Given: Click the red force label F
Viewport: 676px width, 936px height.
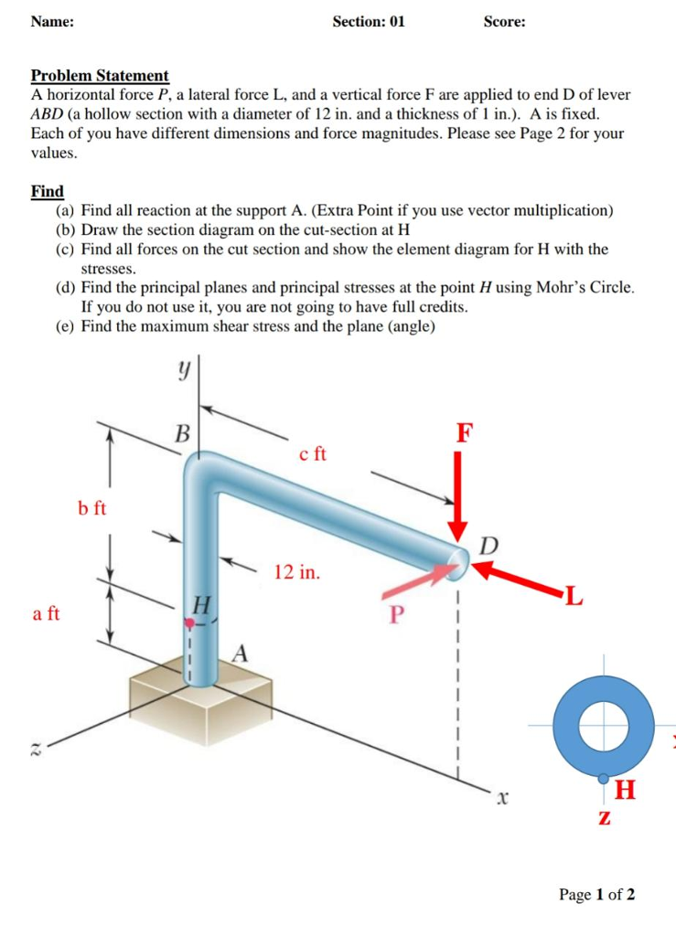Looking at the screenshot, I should [465, 432].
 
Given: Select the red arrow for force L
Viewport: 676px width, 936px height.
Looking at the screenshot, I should [522, 580].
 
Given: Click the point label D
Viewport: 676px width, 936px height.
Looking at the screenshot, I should [490, 546].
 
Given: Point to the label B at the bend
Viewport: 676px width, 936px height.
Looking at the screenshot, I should [182, 433].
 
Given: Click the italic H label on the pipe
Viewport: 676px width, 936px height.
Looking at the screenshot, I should [203, 604].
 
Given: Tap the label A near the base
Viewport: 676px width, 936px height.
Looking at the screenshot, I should [241, 653].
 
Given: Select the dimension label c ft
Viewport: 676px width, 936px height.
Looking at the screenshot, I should [312, 454].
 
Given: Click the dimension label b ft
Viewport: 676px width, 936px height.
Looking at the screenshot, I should [91, 508].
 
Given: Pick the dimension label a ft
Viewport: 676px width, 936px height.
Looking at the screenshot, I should [47, 614].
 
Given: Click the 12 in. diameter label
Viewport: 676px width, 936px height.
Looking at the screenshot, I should [297, 573].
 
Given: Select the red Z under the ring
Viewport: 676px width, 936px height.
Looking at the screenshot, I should [604, 815].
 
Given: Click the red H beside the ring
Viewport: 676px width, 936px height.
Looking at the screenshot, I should [628, 788].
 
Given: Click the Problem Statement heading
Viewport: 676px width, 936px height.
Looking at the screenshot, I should [100, 76].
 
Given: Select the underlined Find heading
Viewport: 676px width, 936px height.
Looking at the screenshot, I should [48, 191].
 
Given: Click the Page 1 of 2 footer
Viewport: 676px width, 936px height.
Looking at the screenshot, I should [597, 894].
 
